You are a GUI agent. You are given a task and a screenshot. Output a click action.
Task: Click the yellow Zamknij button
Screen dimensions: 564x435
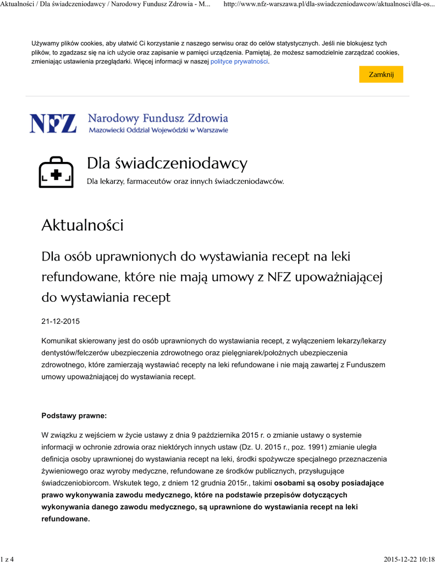(381, 74)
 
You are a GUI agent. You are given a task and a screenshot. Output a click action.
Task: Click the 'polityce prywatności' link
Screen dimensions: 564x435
(239, 62)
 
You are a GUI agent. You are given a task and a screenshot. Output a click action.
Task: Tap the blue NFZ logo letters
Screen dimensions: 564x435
(53, 123)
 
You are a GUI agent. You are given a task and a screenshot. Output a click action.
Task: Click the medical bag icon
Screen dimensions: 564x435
(56, 172)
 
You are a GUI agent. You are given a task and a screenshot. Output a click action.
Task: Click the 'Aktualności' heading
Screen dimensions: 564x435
(82, 225)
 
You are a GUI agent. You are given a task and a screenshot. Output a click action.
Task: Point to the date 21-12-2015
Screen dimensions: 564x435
(60, 321)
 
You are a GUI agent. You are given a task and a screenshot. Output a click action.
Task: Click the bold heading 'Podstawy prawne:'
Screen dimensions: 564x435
(74, 415)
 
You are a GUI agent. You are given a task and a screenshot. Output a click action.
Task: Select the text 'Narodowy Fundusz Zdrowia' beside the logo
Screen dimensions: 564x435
(158, 118)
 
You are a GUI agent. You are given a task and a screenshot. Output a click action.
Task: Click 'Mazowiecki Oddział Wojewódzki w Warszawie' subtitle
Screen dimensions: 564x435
(158, 131)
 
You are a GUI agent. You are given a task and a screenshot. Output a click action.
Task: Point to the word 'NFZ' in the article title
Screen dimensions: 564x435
(279, 277)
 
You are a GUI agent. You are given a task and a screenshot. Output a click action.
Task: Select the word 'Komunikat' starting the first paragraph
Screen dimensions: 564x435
(59, 341)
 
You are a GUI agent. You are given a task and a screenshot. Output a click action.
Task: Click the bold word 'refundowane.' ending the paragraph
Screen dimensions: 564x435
(65, 519)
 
